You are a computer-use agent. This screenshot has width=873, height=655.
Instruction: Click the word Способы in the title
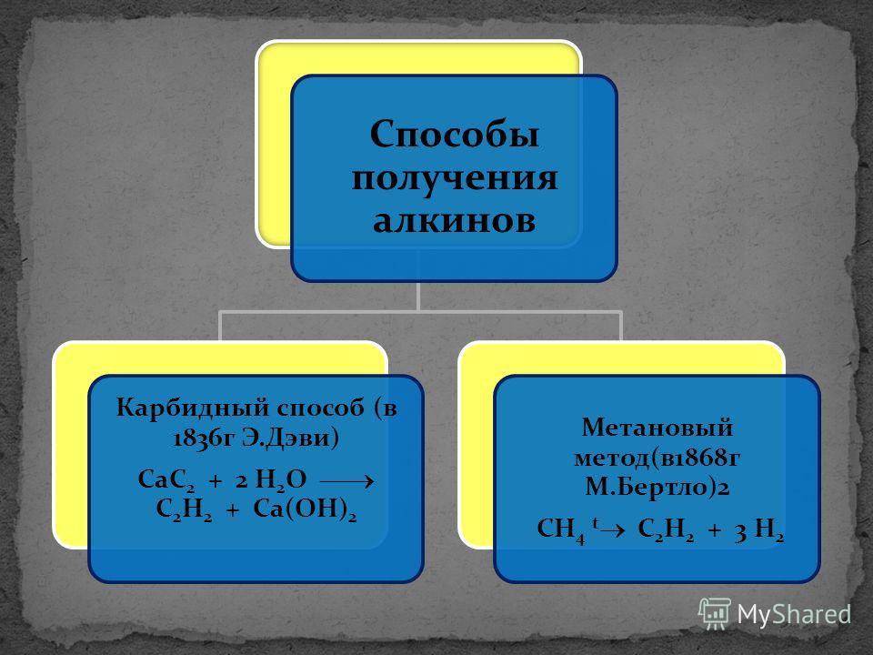[455, 136]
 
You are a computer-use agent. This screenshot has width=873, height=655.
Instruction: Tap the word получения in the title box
[455, 178]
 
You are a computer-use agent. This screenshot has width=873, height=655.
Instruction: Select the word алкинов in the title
[455, 220]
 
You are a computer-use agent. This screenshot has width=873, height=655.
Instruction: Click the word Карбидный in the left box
[192, 408]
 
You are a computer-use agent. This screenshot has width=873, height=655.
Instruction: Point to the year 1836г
[203, 438]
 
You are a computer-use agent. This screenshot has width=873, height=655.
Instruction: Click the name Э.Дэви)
[290, 438]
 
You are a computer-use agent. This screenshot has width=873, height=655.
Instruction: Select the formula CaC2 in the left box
[166, 480]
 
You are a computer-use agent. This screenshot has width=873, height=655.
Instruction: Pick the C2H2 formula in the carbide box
[184, 509]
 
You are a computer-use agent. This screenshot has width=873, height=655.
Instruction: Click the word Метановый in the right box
[657, 428]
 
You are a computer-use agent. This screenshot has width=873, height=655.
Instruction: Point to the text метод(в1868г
[657, 458]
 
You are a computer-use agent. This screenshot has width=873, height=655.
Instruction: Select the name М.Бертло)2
[657, 487]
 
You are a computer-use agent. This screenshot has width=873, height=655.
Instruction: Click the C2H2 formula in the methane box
[666, 529]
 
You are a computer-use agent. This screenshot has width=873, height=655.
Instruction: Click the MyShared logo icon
[715, 614]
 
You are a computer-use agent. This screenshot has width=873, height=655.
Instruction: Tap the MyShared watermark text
[794, 614]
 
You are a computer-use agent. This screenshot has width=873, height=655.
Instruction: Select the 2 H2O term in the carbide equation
[271, 480]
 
